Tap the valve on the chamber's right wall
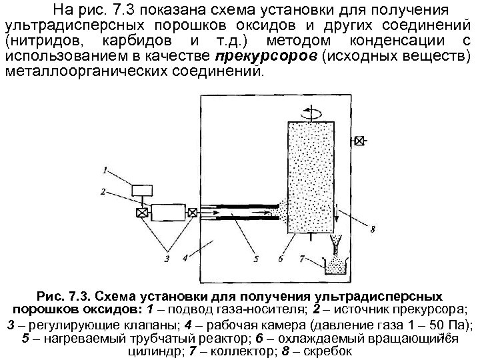[x=359, y=140]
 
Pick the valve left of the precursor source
[x=142, y=213]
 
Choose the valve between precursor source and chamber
[x=192, y=213]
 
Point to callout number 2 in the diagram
[x=104, y=192]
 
